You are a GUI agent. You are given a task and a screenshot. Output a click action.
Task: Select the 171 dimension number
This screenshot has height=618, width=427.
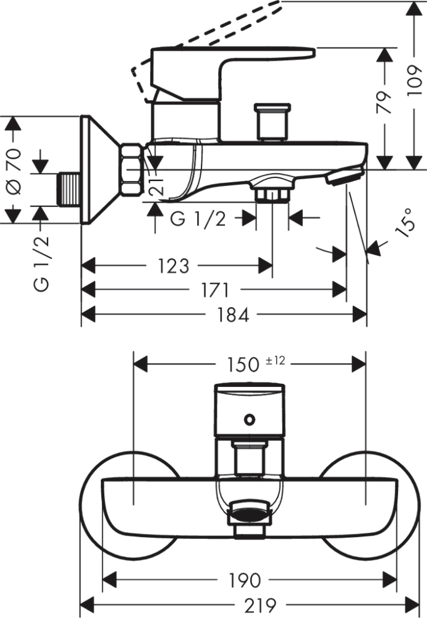click(214, 290)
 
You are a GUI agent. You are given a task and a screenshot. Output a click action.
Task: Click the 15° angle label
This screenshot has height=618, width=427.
click(404, 223)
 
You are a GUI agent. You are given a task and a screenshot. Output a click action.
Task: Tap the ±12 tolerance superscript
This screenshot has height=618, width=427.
click(275, 360)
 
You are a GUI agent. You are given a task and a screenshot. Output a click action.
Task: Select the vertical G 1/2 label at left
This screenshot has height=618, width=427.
click(42, 263)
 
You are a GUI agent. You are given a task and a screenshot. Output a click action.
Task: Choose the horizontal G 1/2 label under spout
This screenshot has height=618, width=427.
click(198, 218)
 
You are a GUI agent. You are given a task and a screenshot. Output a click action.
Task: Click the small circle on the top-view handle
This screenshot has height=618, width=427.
click(248, 420)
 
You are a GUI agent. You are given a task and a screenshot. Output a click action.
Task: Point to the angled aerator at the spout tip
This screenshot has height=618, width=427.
click(344, 177)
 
